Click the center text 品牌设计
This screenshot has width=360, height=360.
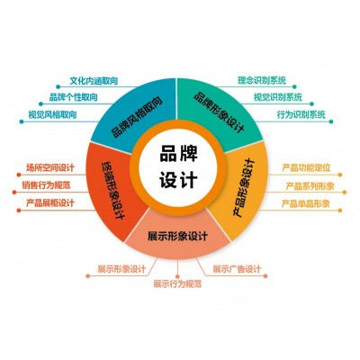click(178, 166)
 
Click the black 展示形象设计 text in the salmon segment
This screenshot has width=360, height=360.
click(177, 236)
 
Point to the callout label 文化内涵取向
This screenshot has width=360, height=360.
click(94, 81)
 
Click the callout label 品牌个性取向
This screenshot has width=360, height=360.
click(73, 97)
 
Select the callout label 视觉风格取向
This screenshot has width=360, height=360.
click(52, 114)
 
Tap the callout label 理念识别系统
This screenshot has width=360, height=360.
click(262, 80)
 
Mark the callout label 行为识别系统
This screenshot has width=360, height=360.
click(301, 114)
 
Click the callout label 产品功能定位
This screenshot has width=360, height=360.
click(306, 167)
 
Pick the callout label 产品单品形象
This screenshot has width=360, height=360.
click(306, 204)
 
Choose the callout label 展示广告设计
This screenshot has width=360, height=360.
click(237, 269)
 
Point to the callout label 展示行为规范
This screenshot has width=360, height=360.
click(177, 283)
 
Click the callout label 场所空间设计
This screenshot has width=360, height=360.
click(50, 167)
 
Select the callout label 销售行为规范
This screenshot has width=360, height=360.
click(46, 185)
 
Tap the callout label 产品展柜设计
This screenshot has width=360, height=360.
click(50, 203)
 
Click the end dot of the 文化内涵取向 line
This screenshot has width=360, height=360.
click(58, 87)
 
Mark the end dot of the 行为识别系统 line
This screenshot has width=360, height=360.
click(331, 121)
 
